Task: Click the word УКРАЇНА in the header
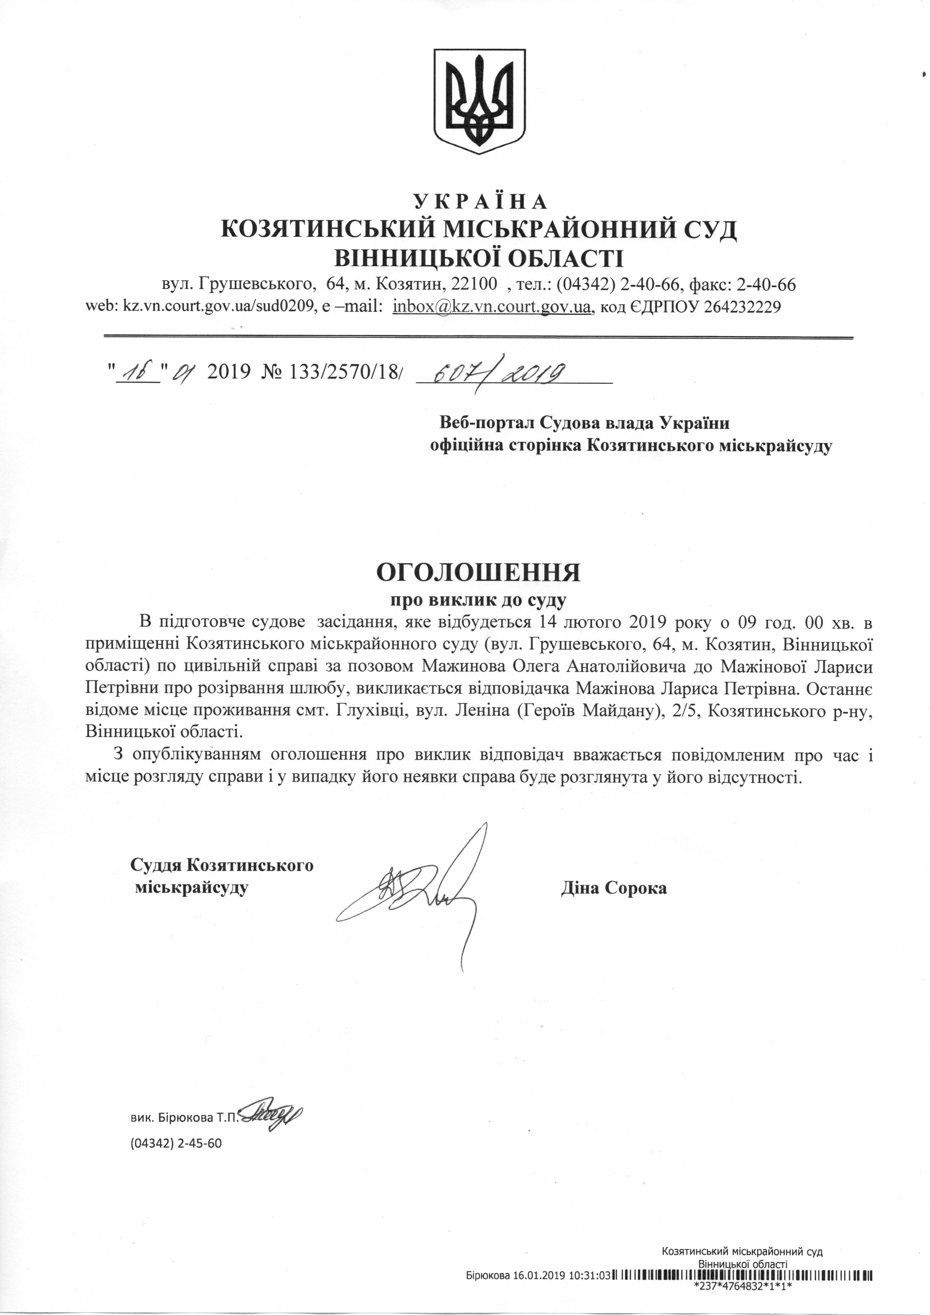tap(480, 202)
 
